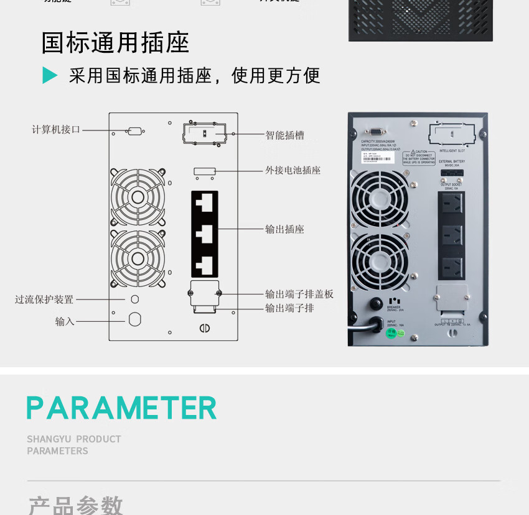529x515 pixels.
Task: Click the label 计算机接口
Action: point(56,130)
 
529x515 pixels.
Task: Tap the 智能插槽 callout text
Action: point(284,135)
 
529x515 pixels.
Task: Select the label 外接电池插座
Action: point(293,170)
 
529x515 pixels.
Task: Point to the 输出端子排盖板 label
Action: point(299,294)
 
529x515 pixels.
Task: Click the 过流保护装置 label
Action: point(44,299)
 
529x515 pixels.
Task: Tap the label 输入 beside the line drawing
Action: point(64,321)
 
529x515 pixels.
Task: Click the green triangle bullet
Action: point(50,75)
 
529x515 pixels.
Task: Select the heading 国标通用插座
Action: point(115,43)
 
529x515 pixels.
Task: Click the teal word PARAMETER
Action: point(122,408)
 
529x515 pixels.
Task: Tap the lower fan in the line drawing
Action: point(138,258)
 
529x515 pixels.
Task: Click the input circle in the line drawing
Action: point(134,319)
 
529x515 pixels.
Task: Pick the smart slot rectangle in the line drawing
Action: point(204,134)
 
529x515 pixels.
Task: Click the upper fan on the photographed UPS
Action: point(379,199)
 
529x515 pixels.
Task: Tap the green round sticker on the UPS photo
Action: point(391,333)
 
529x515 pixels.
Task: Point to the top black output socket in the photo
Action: point(452,206)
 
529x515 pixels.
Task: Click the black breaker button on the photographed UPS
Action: point(376,304)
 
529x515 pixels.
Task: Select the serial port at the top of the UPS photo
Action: point(375,131)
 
